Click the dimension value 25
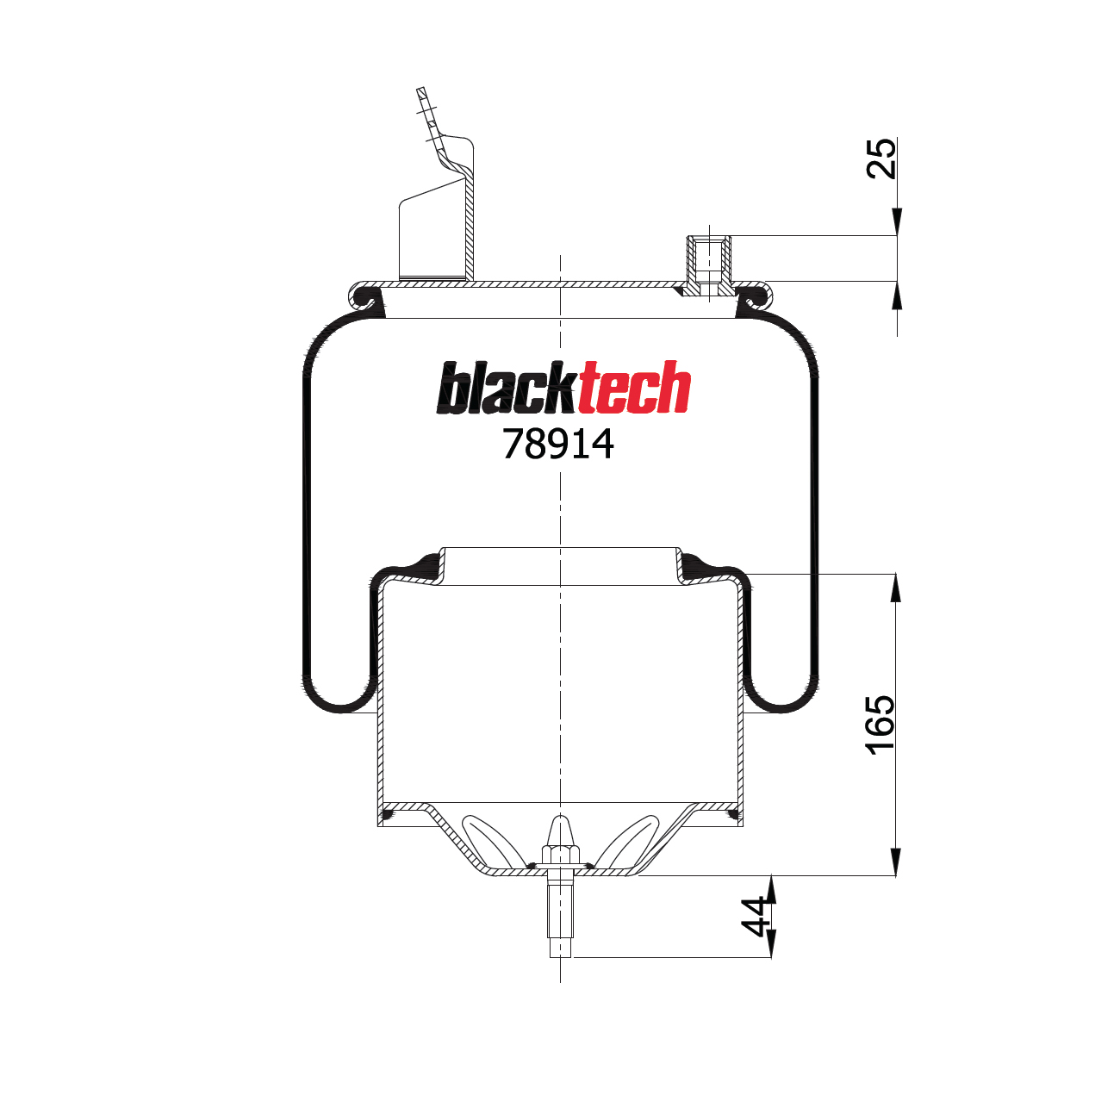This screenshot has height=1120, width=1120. (880, 158)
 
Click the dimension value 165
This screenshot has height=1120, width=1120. (880, 725)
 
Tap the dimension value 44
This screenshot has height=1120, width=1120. (756, 917)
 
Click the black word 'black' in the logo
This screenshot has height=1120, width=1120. (506, 389)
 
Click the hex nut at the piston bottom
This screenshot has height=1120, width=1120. (560, 856)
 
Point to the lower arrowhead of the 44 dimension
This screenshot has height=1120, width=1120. (771, 943)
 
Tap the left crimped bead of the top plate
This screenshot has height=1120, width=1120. (366, 296)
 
